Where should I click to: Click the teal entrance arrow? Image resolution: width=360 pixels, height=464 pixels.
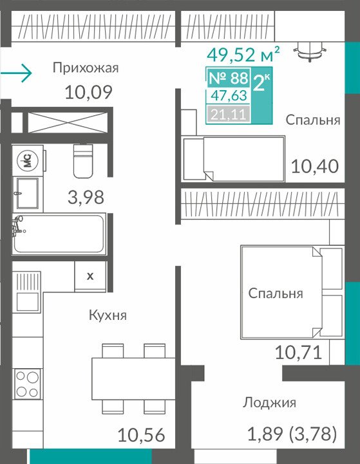15,73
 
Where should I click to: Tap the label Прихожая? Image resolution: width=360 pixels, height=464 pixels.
86,68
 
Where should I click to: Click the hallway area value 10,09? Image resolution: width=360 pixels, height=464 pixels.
88,92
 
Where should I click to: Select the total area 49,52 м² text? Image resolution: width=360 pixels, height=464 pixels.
243,54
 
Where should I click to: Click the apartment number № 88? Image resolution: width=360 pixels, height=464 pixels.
228,78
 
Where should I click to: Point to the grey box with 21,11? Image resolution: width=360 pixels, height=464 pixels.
228,114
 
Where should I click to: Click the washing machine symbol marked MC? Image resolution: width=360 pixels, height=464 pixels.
28,160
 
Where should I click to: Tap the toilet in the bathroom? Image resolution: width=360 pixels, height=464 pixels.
83,161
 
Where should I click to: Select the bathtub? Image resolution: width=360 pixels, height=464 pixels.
59,234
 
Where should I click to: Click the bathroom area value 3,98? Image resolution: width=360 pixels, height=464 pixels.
86,198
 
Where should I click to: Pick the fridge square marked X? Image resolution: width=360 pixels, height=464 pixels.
90,276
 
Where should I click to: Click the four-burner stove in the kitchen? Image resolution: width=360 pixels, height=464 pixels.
28,384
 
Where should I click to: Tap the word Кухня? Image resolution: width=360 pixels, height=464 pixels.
108,315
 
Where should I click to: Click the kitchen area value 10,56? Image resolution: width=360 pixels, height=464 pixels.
141,435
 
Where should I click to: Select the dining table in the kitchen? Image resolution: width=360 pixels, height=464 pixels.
133,379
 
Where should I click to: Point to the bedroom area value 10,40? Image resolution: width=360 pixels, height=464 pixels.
315,166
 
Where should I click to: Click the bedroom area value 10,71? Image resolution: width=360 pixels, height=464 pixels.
298,353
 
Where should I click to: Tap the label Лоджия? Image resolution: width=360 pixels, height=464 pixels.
269,402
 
